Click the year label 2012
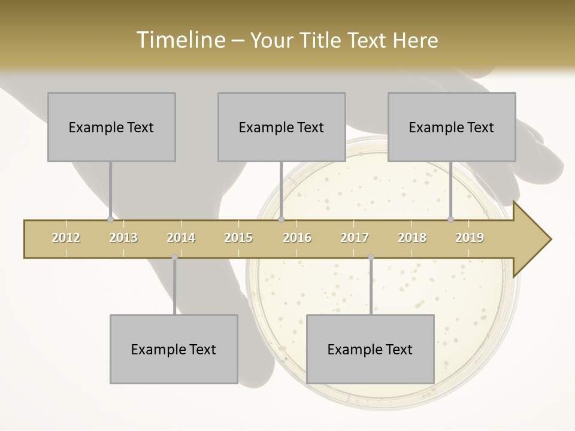click(66, 238)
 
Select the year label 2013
click(123, 238)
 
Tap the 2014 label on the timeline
click(181, 238)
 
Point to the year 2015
click(238, 238)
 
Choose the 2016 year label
click(297, 238)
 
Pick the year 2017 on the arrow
click(355, 238)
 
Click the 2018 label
click(412, 238)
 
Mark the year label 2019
click(470, 238)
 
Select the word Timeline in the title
click(179, 40)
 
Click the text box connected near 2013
click(111, 127)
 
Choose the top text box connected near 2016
click(282, 127)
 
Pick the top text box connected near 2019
click(452, 127)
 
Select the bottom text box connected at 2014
click(174, 349)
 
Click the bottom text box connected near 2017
click(370, 349)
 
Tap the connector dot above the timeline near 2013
click(110, 219)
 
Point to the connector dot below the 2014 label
click(174, 257)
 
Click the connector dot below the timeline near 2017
click(371, 257)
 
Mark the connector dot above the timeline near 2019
click(450, 219)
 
